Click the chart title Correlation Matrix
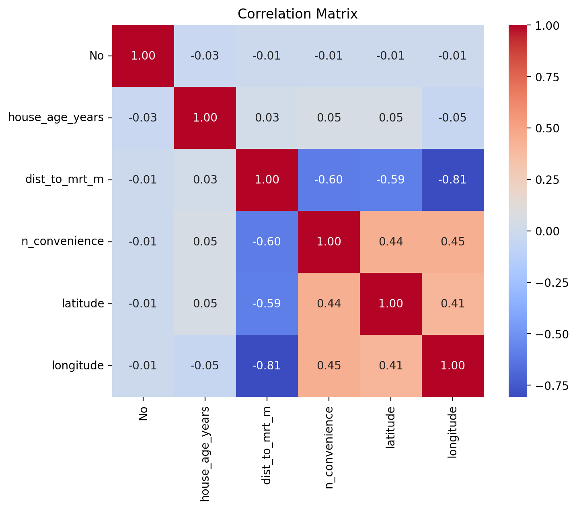298,14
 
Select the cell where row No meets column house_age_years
205,56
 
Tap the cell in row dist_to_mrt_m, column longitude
453,179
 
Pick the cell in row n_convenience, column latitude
391,241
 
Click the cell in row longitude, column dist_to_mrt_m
267,365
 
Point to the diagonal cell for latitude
391,303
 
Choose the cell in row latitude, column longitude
453,303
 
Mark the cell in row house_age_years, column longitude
453,117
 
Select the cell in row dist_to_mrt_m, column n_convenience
329,179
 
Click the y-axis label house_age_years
56,117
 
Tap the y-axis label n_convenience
63,241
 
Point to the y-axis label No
97,56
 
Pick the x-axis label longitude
453,432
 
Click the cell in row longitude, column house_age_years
205,365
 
